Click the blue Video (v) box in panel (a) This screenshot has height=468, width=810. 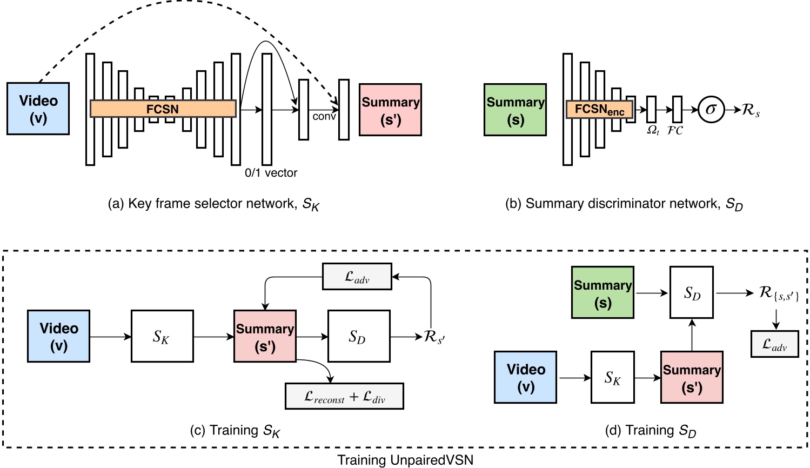pos(38,109)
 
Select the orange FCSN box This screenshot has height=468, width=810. pos(163,109)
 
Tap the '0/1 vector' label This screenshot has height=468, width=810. pos(271,173)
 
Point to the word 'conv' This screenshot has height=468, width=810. pos(324,116)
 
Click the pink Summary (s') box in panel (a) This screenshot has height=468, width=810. pos(390,110)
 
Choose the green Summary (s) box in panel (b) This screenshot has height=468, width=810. pos(515,110)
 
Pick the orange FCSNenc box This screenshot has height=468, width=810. pos(599,110)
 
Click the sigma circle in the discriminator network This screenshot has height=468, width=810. pos(711,110)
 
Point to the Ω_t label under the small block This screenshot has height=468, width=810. pos(653,131)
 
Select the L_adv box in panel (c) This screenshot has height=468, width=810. pos(357,277)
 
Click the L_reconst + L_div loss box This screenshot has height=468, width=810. pos(344,397)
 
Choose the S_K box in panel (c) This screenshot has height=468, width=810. pos(162,336)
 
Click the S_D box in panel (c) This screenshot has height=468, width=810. pos(359,336)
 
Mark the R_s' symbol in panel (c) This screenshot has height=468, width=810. pos(434,337)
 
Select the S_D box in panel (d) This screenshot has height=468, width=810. pos(692,292)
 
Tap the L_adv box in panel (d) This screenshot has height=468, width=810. pos(774,344)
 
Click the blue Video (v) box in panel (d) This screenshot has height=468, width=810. pos(525,377)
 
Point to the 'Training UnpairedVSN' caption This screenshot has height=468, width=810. pos(405,460)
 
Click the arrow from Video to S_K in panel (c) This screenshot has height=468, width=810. pos(110,337)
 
